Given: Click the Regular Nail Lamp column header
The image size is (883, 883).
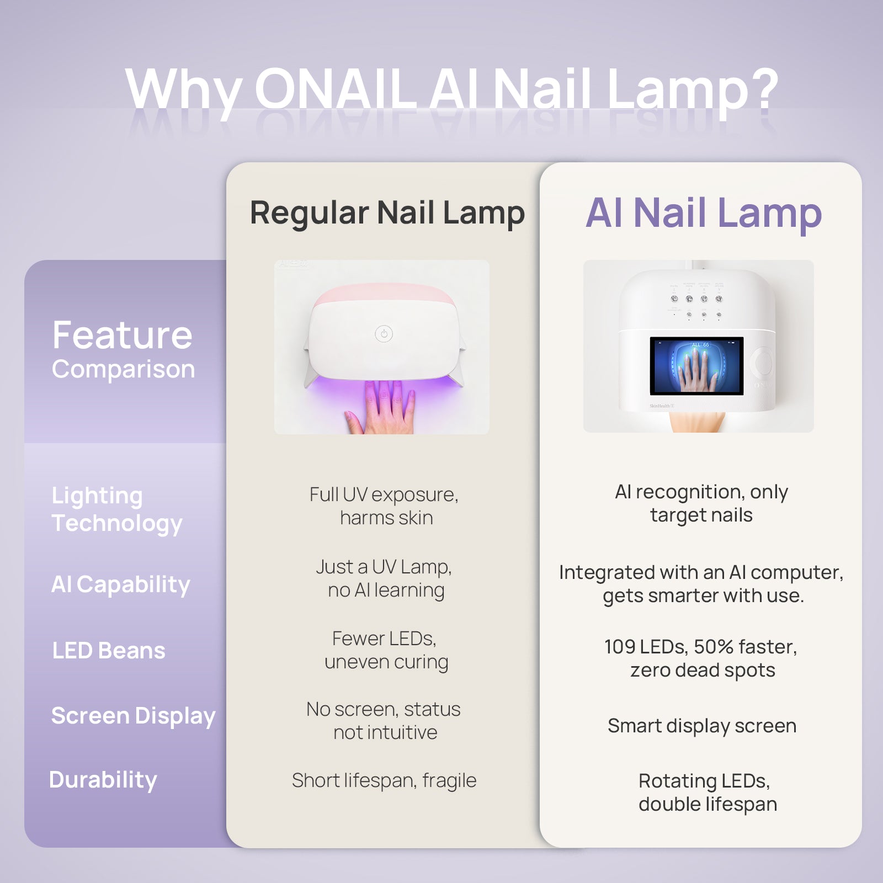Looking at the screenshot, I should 387,213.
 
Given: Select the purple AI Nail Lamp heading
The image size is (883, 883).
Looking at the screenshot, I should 703,213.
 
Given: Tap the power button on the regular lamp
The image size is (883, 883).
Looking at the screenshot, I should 384,333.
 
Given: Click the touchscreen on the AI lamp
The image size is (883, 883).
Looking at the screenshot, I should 696,365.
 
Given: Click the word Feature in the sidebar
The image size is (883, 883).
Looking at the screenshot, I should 122,335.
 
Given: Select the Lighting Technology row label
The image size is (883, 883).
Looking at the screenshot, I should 116,509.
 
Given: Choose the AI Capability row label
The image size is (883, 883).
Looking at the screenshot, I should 120,584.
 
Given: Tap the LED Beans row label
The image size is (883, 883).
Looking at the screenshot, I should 108,651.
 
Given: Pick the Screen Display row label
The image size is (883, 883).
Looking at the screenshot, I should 133,716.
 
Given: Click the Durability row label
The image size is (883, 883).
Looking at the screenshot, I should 103,780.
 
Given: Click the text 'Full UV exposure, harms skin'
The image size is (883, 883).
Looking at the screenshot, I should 385,506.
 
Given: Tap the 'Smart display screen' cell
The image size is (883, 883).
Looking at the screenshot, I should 701,726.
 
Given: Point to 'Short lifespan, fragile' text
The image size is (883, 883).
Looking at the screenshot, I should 384,780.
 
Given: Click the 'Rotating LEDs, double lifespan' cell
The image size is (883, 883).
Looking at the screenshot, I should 706,792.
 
